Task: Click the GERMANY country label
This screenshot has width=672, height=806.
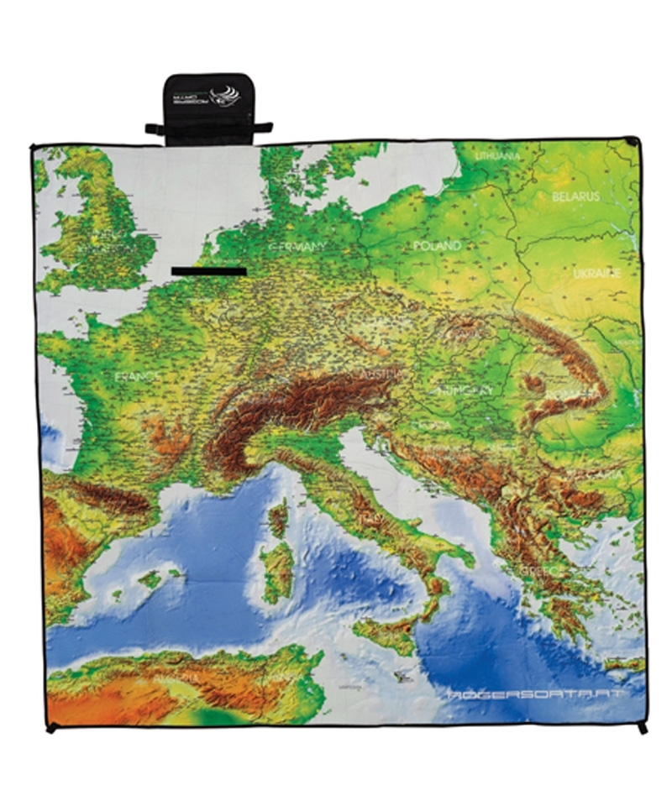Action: [297, 247]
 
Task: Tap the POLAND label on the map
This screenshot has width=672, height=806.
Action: [438, 246]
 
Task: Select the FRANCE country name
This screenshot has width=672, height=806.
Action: [137, 377]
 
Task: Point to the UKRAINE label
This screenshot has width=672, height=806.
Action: [596, 274]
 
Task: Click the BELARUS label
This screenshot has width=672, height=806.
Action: [576, 196]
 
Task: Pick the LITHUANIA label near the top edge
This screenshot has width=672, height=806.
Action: [497, 156]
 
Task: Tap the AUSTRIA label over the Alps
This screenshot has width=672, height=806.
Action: [381, 372]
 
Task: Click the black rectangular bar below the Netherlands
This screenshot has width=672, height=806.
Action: [208, 271]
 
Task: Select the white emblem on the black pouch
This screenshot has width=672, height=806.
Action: [225, 96]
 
